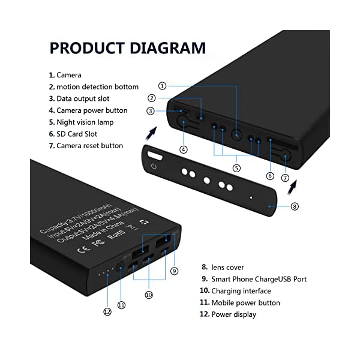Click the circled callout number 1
click(x=163, y=86)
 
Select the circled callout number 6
click(x=270, y=176)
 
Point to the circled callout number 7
click(x=285, y=178)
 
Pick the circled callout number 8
click(x=294, y=206)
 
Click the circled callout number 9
click(x=174, y=271)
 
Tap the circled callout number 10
click(x=149, y=295)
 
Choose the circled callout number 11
click(x=122, y=305)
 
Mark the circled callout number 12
click(x=107, y=311)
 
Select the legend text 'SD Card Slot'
click(x=77, y=134)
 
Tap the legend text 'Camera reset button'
click(x=89, y=146)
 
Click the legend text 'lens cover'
click(x=227, y=267)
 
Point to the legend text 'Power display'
click(x=233, y=314)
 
